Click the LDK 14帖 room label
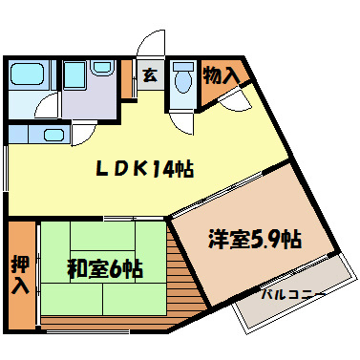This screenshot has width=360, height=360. pos(143,170)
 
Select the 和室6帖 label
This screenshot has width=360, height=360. pos(104,270)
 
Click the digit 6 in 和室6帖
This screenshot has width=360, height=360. pos(116,270)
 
